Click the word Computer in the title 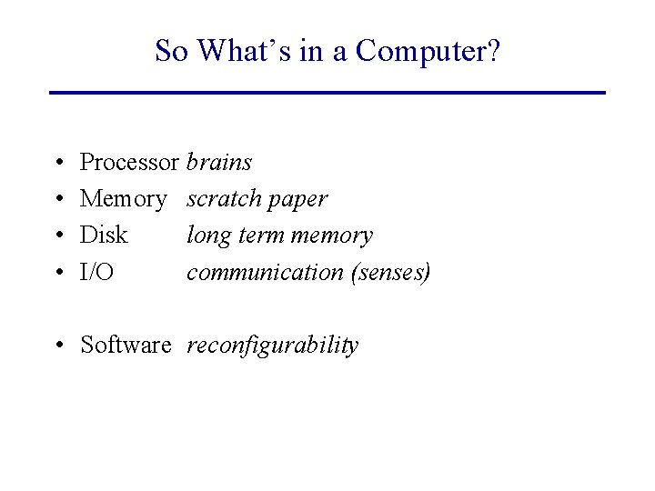tap(428, 51)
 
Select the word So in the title tap(170, 51)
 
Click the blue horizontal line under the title tap(327, 92)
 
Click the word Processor tap(130, 163)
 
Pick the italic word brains tap(219, 163)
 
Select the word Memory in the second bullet tap(124, 199)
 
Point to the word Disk tap(104, 235)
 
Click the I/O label tap(97, 272)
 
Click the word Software tap(126, 346)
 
